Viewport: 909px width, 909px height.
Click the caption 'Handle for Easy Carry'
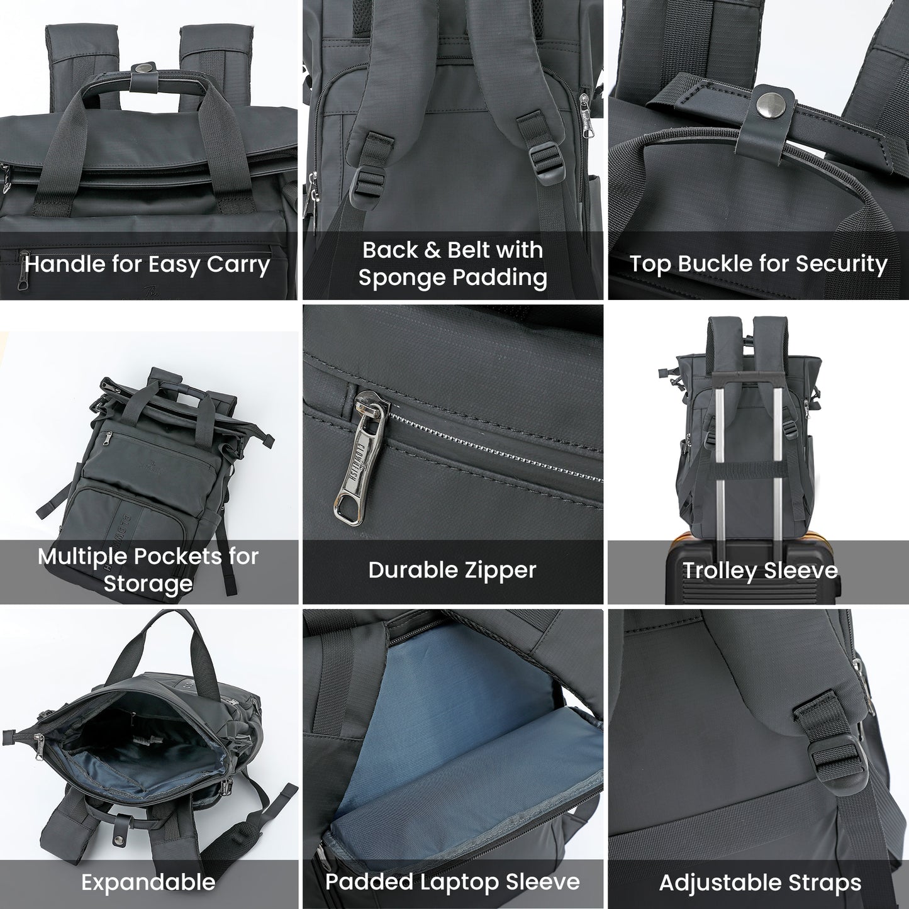click(148, 264)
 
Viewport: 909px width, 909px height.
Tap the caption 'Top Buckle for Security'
click(758, 264)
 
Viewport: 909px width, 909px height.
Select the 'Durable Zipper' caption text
click(452, 571)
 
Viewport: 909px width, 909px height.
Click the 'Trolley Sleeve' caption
click(760, 571)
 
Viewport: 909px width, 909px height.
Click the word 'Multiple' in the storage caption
click(81, 557)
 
